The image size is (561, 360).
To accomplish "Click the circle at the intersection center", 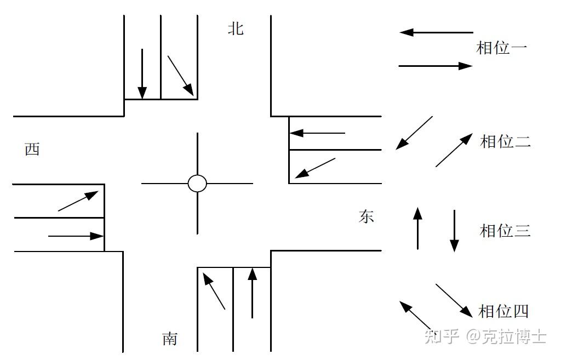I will pyautogui.click(x=197, y=184).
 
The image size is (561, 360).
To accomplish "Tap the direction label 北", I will pyautogui.click(x=236, y=28).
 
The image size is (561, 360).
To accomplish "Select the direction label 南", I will pyautogui.click(x=170, y=339).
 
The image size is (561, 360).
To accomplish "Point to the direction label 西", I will pyautogui.click(x=32, y=149).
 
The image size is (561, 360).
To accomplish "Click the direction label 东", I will pyautogui.click(x=366, y=216).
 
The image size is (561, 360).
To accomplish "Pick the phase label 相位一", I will pyautogui.click(x=502, y=48).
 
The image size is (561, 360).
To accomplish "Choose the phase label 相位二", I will pyautogui.click(x=505, y=141).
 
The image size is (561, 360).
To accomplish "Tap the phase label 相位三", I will pyautogui.click(x=505, y=230).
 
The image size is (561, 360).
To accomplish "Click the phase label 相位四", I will pyautogui.click(x=503, y=311).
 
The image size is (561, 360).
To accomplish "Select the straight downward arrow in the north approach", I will pyautogui.click(x=142, y=73).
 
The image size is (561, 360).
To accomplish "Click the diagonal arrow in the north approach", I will pyautogui.click(x=180, y=75).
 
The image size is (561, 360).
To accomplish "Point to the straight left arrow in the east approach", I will pyautogui.click(x=318, y=133).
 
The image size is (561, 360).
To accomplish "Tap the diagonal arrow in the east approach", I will pyautogui.click(x=315, y=168).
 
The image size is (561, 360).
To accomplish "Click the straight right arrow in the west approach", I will pyautogui.click(x=76, y=236).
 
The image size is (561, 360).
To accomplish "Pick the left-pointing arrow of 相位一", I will pyautogui.click(x=436, y=32).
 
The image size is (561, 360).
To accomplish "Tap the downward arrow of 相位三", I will pyautogui.click(x=454, y=230).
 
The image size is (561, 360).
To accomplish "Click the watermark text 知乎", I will pyautogui.click(x=442, y=335).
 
